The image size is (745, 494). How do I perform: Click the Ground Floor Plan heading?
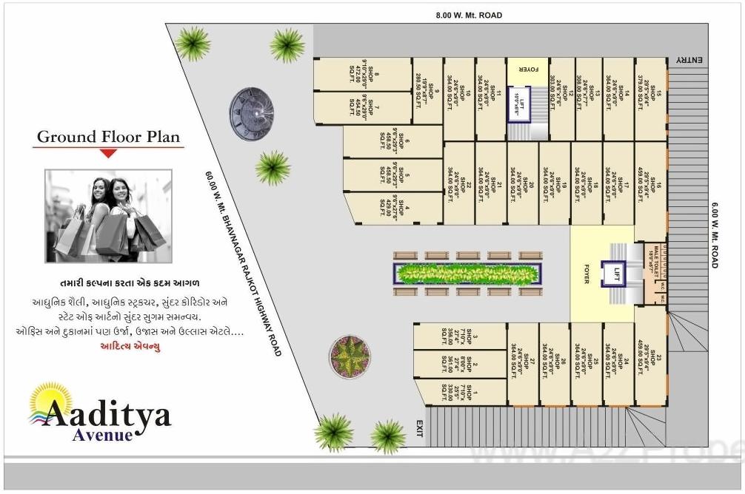[x=108, y=137]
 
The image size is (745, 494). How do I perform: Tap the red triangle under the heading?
[x=108, y=153]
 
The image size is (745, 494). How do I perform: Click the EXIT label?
[x=419, y=428]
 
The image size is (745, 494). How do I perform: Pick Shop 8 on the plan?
[x=363, y=74]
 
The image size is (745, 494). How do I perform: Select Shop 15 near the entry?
[x=652, y=100]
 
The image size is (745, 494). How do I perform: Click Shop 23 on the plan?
[x=652, y=362]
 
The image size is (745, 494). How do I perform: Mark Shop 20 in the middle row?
[x=523, y=184]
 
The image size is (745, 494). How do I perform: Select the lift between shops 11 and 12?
[x=521, y=103]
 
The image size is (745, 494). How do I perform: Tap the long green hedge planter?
[x=467, y=274]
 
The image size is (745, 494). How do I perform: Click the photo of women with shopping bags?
[x=108, y=216]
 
